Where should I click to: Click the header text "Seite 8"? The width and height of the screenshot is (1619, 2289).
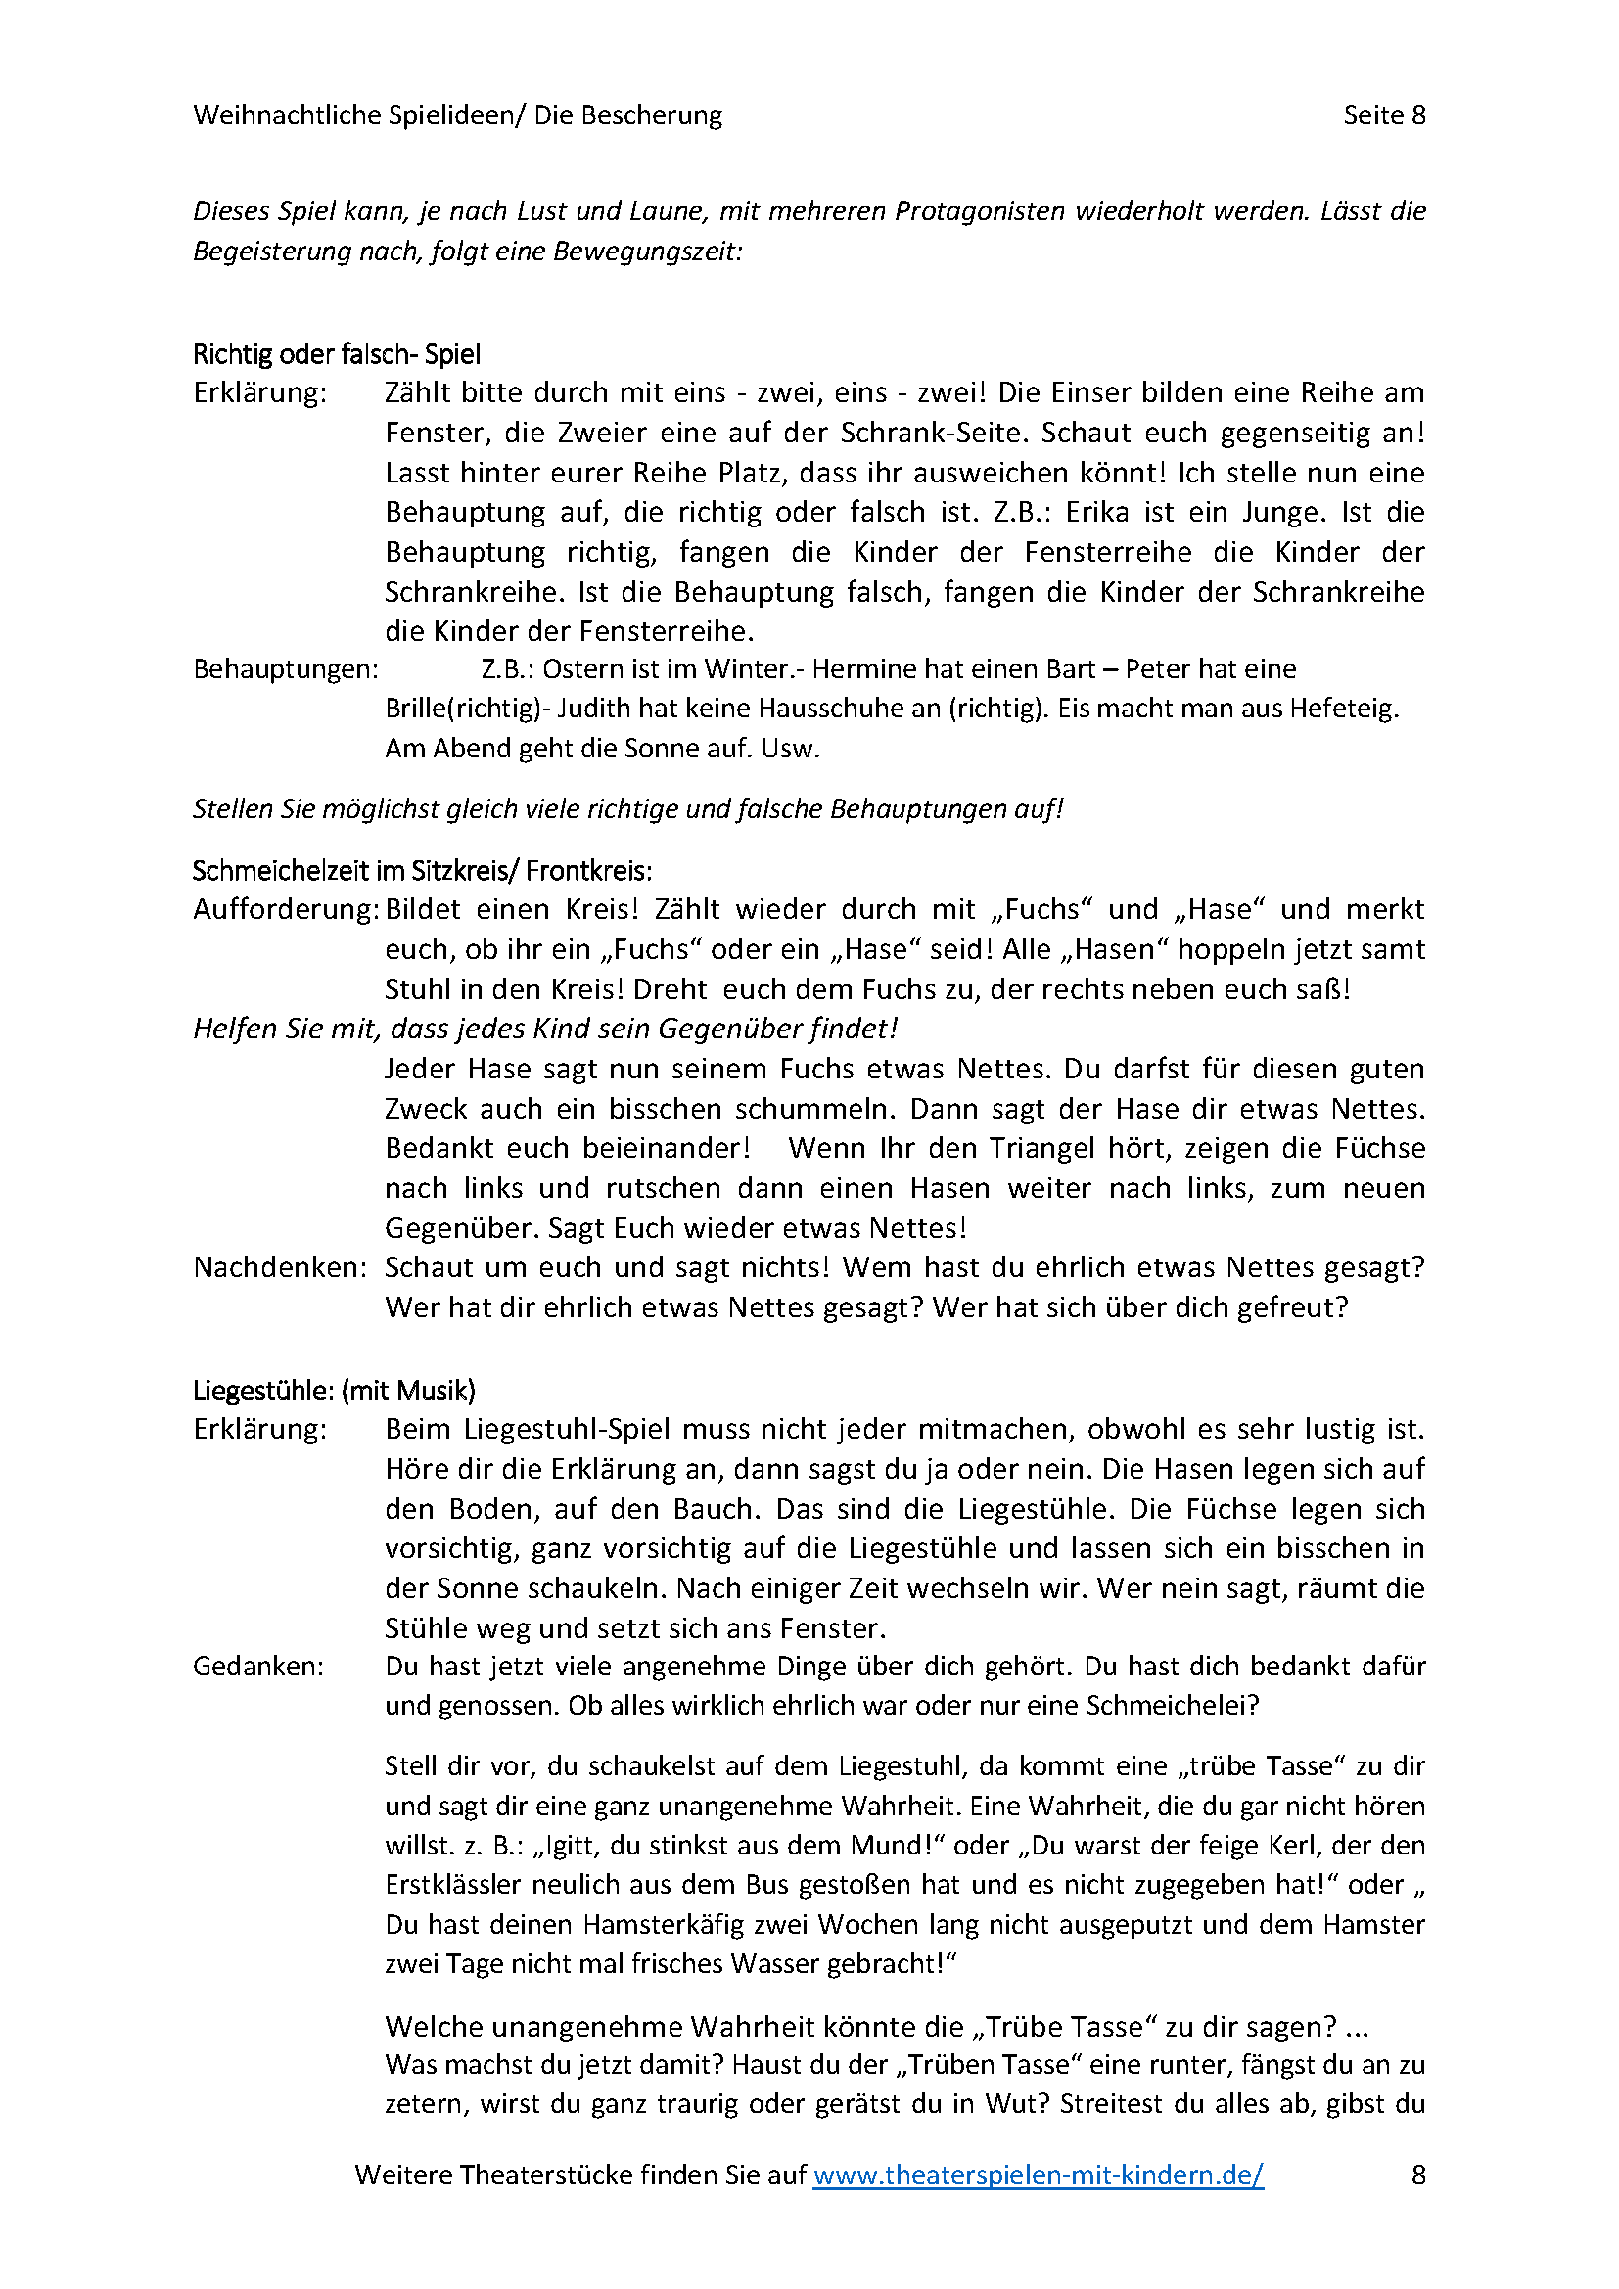[x=1384, y=115]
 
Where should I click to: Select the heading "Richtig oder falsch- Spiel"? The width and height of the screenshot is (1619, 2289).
[x=337, y=354]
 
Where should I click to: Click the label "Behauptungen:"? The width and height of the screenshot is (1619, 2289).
[x=286, y=669]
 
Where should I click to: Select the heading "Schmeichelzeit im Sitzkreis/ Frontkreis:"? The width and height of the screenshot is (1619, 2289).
[x=422, y=871]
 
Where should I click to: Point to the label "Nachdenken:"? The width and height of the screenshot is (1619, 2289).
[x=280, y=1268]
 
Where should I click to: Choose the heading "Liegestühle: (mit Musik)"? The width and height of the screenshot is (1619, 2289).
[x=334, y=1391]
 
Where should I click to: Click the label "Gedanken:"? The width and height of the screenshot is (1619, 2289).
[x=258, y=1667]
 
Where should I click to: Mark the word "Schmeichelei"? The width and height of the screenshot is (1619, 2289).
[x=1172, y=1706]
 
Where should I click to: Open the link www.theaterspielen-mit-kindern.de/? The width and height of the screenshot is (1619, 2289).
[x=1038, y=2175]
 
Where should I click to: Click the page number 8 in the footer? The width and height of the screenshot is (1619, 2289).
[x=1417, y=2175]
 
